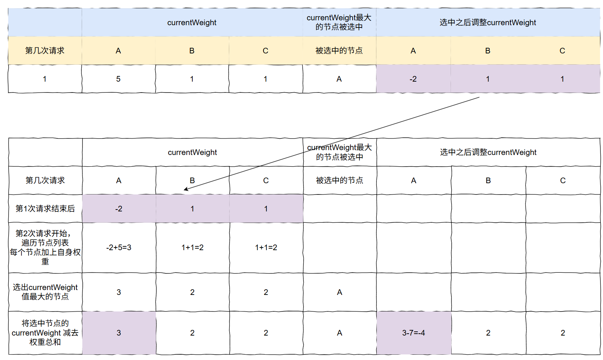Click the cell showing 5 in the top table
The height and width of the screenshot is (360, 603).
pos(118,79)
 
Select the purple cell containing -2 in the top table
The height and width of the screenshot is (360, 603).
pos(413,79)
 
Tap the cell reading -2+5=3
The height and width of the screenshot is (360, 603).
pos(119,248)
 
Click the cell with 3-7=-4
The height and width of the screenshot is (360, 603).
pos(413,333)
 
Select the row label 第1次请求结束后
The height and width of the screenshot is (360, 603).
pos(45,209)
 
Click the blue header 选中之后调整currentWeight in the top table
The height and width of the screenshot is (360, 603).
pos(487,23)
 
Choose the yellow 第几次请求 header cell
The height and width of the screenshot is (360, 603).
pos(45,51)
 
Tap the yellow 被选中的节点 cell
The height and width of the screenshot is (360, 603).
pos(339,51)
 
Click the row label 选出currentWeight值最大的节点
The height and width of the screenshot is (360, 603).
pos(45,292)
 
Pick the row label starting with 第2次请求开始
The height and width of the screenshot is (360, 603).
pos(45,248)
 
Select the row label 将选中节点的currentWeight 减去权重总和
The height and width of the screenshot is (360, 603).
pos(45,333)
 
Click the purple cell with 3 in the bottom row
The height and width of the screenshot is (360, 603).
pos(119,333)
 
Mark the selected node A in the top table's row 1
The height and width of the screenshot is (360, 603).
pos(339,79)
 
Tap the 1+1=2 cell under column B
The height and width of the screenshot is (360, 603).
pos(192,248)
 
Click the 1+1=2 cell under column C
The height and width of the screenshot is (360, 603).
pos(266,248)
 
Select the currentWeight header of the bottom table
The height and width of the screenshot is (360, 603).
pos(192,152)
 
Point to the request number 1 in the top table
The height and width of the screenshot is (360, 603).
pos(45,79)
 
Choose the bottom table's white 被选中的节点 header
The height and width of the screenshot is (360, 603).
pos(340,181)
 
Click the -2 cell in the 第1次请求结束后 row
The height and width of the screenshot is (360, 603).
pos(119,209)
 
